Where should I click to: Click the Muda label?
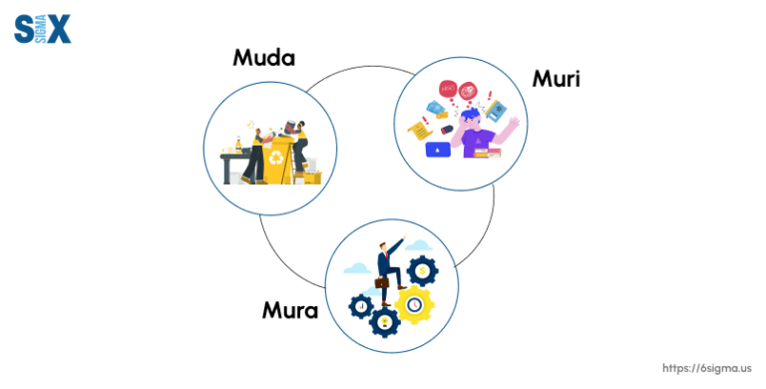pyautogui.click(x=263, y=58)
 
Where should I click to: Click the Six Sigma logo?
pyautogui.click(x=42, y=29)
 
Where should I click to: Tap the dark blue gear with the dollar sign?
pyautogui.click(x=424, y=270)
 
